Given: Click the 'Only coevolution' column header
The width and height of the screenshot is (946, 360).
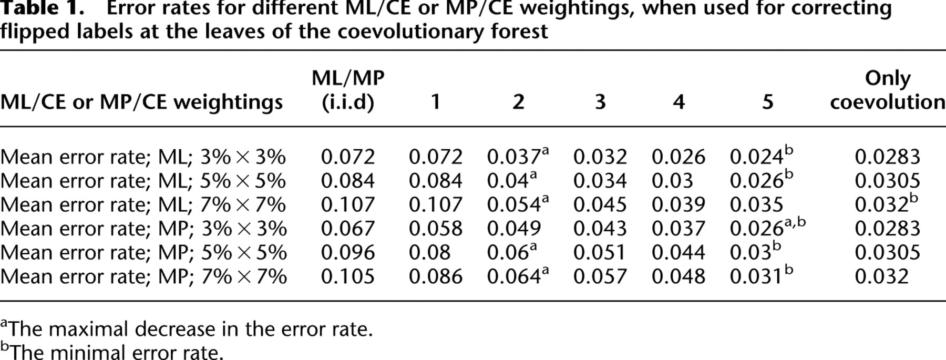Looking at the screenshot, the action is [x=888, y=90].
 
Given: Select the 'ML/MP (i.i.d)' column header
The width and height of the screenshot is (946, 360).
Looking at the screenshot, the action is [x=348, y=90].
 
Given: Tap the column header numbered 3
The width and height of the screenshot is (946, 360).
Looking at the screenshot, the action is [x=600, y=101].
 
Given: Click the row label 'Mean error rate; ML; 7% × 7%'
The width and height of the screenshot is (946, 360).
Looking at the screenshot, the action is [x=143, y=205].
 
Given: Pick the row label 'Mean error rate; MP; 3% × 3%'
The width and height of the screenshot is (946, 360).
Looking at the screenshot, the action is [x=143, y=229].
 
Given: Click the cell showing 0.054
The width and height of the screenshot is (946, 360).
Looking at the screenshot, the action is [x=518, y=204].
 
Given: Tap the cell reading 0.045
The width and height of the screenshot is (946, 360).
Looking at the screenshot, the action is [x=600, y=205].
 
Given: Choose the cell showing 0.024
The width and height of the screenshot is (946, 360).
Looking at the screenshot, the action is [x=762, y=156].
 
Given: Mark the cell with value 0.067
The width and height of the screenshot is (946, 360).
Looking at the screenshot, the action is [x=348, y=229].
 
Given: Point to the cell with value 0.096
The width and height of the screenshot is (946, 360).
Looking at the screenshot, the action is [x=348, y=253].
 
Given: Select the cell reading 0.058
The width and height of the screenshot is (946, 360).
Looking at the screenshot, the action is [x=436, y=229].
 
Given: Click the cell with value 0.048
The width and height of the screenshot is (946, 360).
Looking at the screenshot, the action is [x=678, y=276].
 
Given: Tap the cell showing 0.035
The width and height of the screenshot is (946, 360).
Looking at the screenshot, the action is [x=757, y=205].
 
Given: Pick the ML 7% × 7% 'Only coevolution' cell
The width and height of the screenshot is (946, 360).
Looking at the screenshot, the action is [x=887, y=204].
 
